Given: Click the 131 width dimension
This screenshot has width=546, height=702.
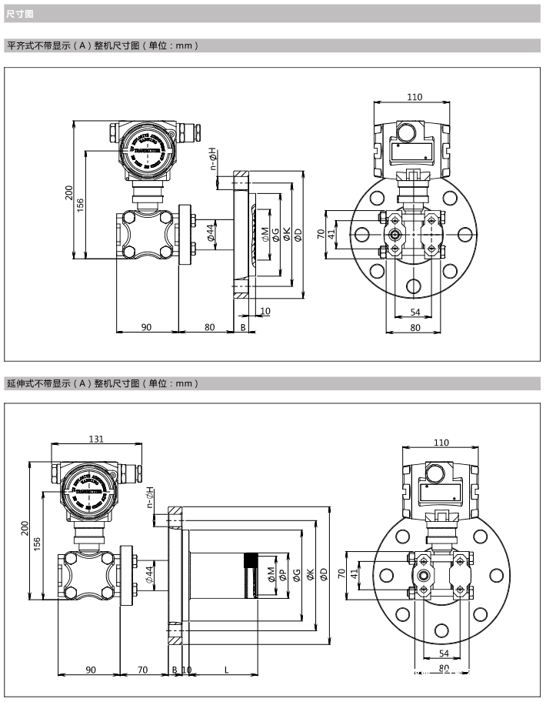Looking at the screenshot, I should click(96, 439).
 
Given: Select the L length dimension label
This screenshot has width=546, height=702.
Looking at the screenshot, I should click(226, 669).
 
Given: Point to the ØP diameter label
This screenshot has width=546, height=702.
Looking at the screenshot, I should click(282, 574).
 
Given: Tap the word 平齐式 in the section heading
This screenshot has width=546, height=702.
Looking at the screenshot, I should click(22, 45).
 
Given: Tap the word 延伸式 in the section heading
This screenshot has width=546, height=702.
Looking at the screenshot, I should click(22, 383).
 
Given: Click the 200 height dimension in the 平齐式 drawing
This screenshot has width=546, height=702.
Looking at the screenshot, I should click(68, 190).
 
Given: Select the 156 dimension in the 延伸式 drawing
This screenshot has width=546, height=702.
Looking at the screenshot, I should click(38, 544).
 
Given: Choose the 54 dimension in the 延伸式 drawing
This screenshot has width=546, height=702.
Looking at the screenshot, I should click(444, 653).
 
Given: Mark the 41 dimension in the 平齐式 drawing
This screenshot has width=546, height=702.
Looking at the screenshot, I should click(332, 234).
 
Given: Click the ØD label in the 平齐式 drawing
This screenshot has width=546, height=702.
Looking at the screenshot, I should click(298, 234).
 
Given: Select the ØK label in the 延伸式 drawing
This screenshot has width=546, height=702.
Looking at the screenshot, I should click(310, 574).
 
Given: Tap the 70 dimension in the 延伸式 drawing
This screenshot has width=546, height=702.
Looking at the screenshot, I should click(143, 669).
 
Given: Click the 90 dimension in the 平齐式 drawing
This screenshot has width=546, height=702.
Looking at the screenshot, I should click(146, 327).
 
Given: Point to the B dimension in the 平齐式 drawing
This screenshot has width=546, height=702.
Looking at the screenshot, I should click(243, 327).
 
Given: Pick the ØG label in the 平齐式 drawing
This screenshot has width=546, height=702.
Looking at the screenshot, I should click(276, 234).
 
